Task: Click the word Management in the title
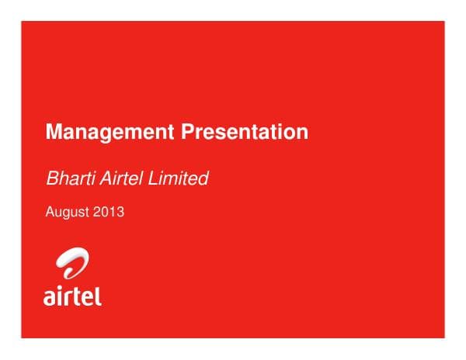111,133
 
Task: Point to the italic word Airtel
120,178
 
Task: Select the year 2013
109,211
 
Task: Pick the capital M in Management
53,133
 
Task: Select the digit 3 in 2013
120,211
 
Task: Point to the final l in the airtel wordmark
99,294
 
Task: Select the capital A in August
50,211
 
